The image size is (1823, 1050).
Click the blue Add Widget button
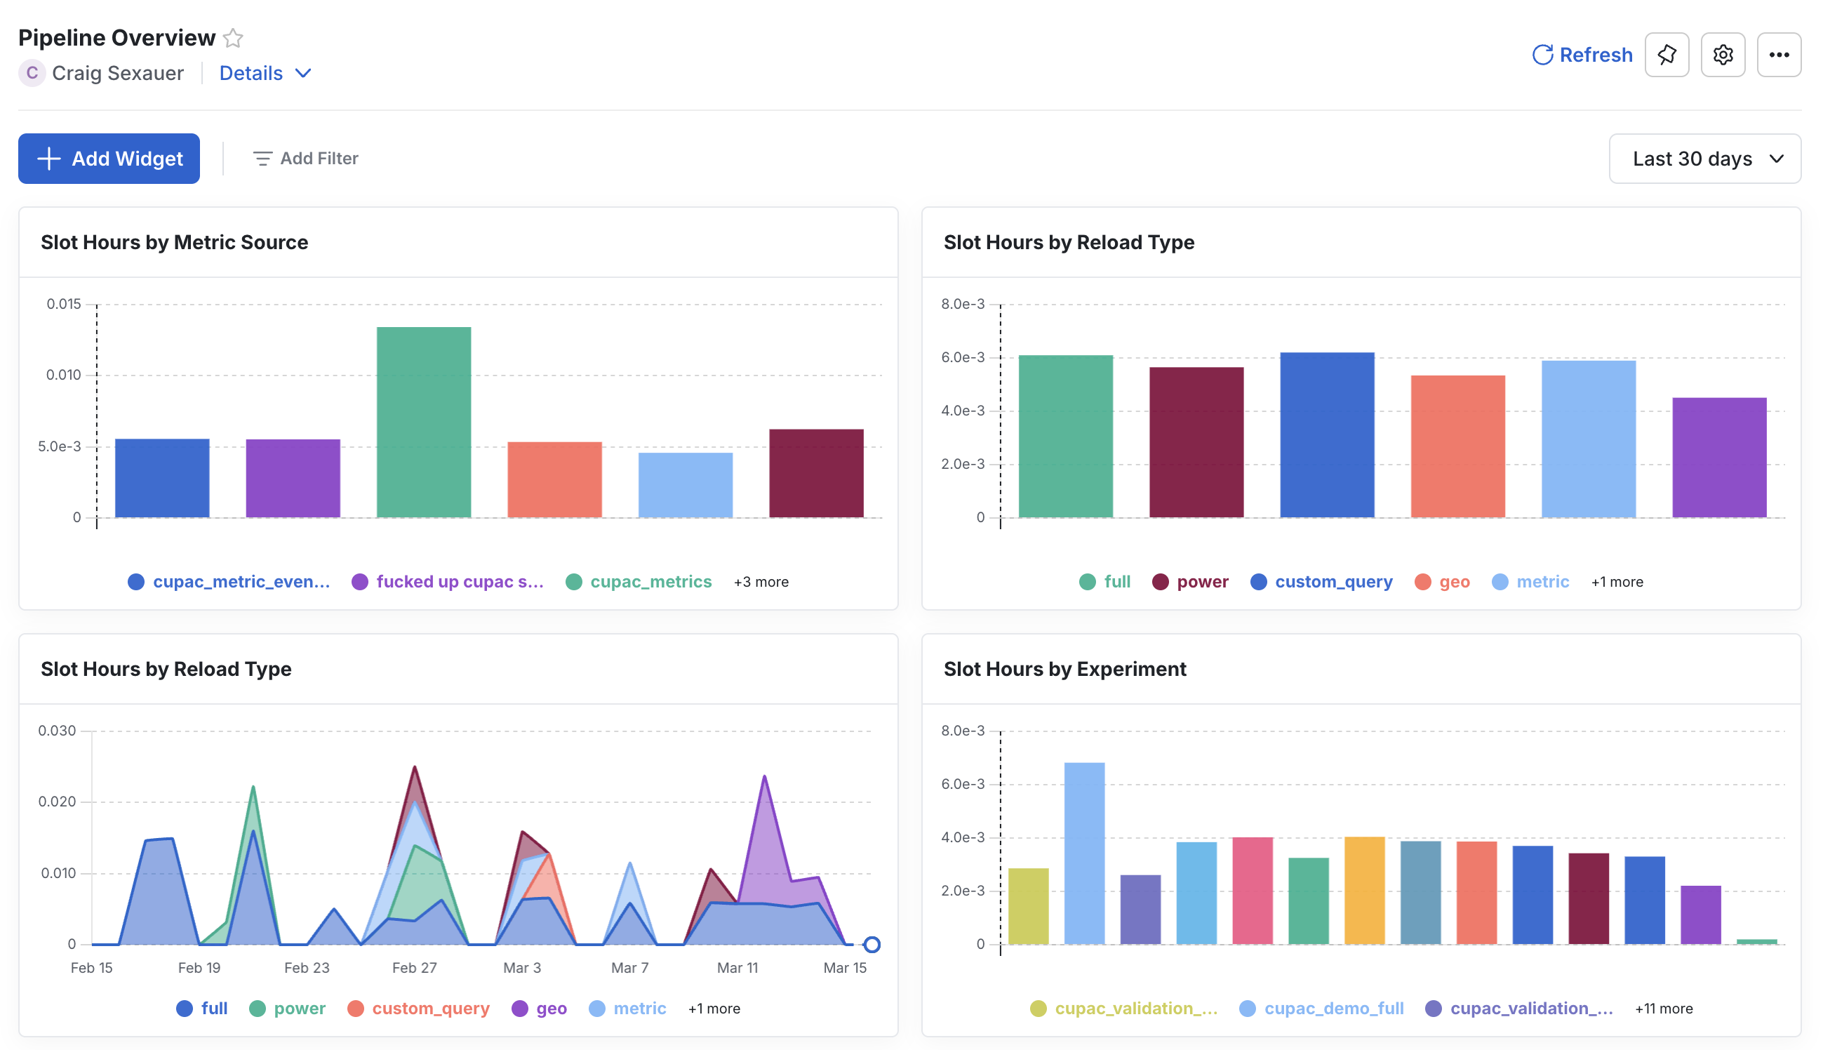click(x=109, y=158)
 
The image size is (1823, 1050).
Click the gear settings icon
click(x=1722, y=55)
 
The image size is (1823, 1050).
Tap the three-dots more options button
click(x=1778, y=55)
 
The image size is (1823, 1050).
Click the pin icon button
click(x=1666, y=55)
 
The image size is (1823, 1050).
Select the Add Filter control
click(x=306, y=158)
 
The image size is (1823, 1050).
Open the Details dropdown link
click(x=265, y=73)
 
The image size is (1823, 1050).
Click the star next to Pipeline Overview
click(x=233, y=37)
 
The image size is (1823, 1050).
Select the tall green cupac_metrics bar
click(x=424, y=422)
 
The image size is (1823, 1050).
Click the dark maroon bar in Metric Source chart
click(x=816, y=473)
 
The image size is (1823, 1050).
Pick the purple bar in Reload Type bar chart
click(x=1718, y=457)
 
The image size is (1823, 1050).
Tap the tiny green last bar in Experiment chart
click(x=1756, y=941)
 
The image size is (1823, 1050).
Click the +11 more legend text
click(x=1663, y=1008)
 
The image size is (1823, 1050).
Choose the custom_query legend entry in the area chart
click(x=429, y=1008)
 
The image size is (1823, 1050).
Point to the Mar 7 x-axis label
click(x=629, y=968)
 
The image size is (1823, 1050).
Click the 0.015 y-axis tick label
click(x=63, y=304)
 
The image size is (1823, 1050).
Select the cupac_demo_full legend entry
click(x=1333, y=1008)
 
